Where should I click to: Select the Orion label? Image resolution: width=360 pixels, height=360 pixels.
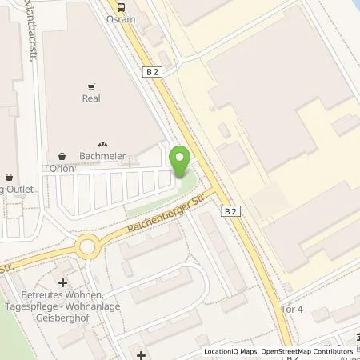62,169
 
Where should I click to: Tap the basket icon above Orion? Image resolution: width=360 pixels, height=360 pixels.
62,154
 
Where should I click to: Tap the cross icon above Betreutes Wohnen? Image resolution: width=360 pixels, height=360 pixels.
62,282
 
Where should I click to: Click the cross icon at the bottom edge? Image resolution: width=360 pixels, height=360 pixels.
141,354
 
